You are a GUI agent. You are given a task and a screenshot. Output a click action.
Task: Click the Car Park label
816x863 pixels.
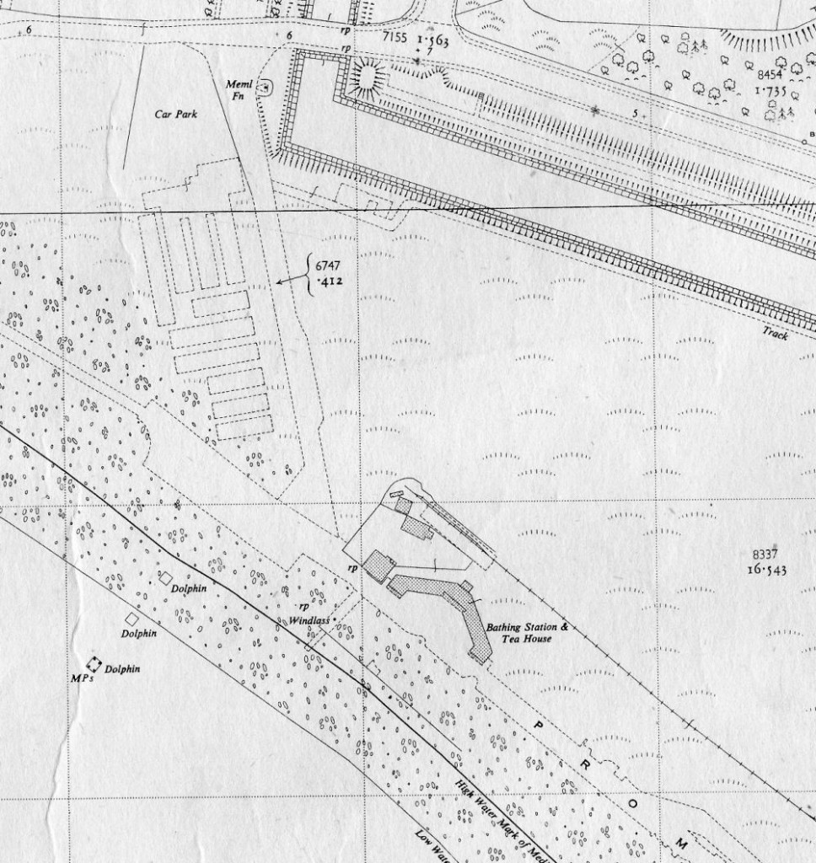(175, 113)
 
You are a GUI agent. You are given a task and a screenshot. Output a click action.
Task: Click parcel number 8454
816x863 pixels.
(770, 74)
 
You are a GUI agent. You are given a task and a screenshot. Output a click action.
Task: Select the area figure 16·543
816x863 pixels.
(766, 569)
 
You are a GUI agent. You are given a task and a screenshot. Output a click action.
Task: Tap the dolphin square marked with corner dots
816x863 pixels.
(94, 664)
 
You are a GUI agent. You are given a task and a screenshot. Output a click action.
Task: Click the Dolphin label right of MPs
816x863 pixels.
(122, 669)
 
